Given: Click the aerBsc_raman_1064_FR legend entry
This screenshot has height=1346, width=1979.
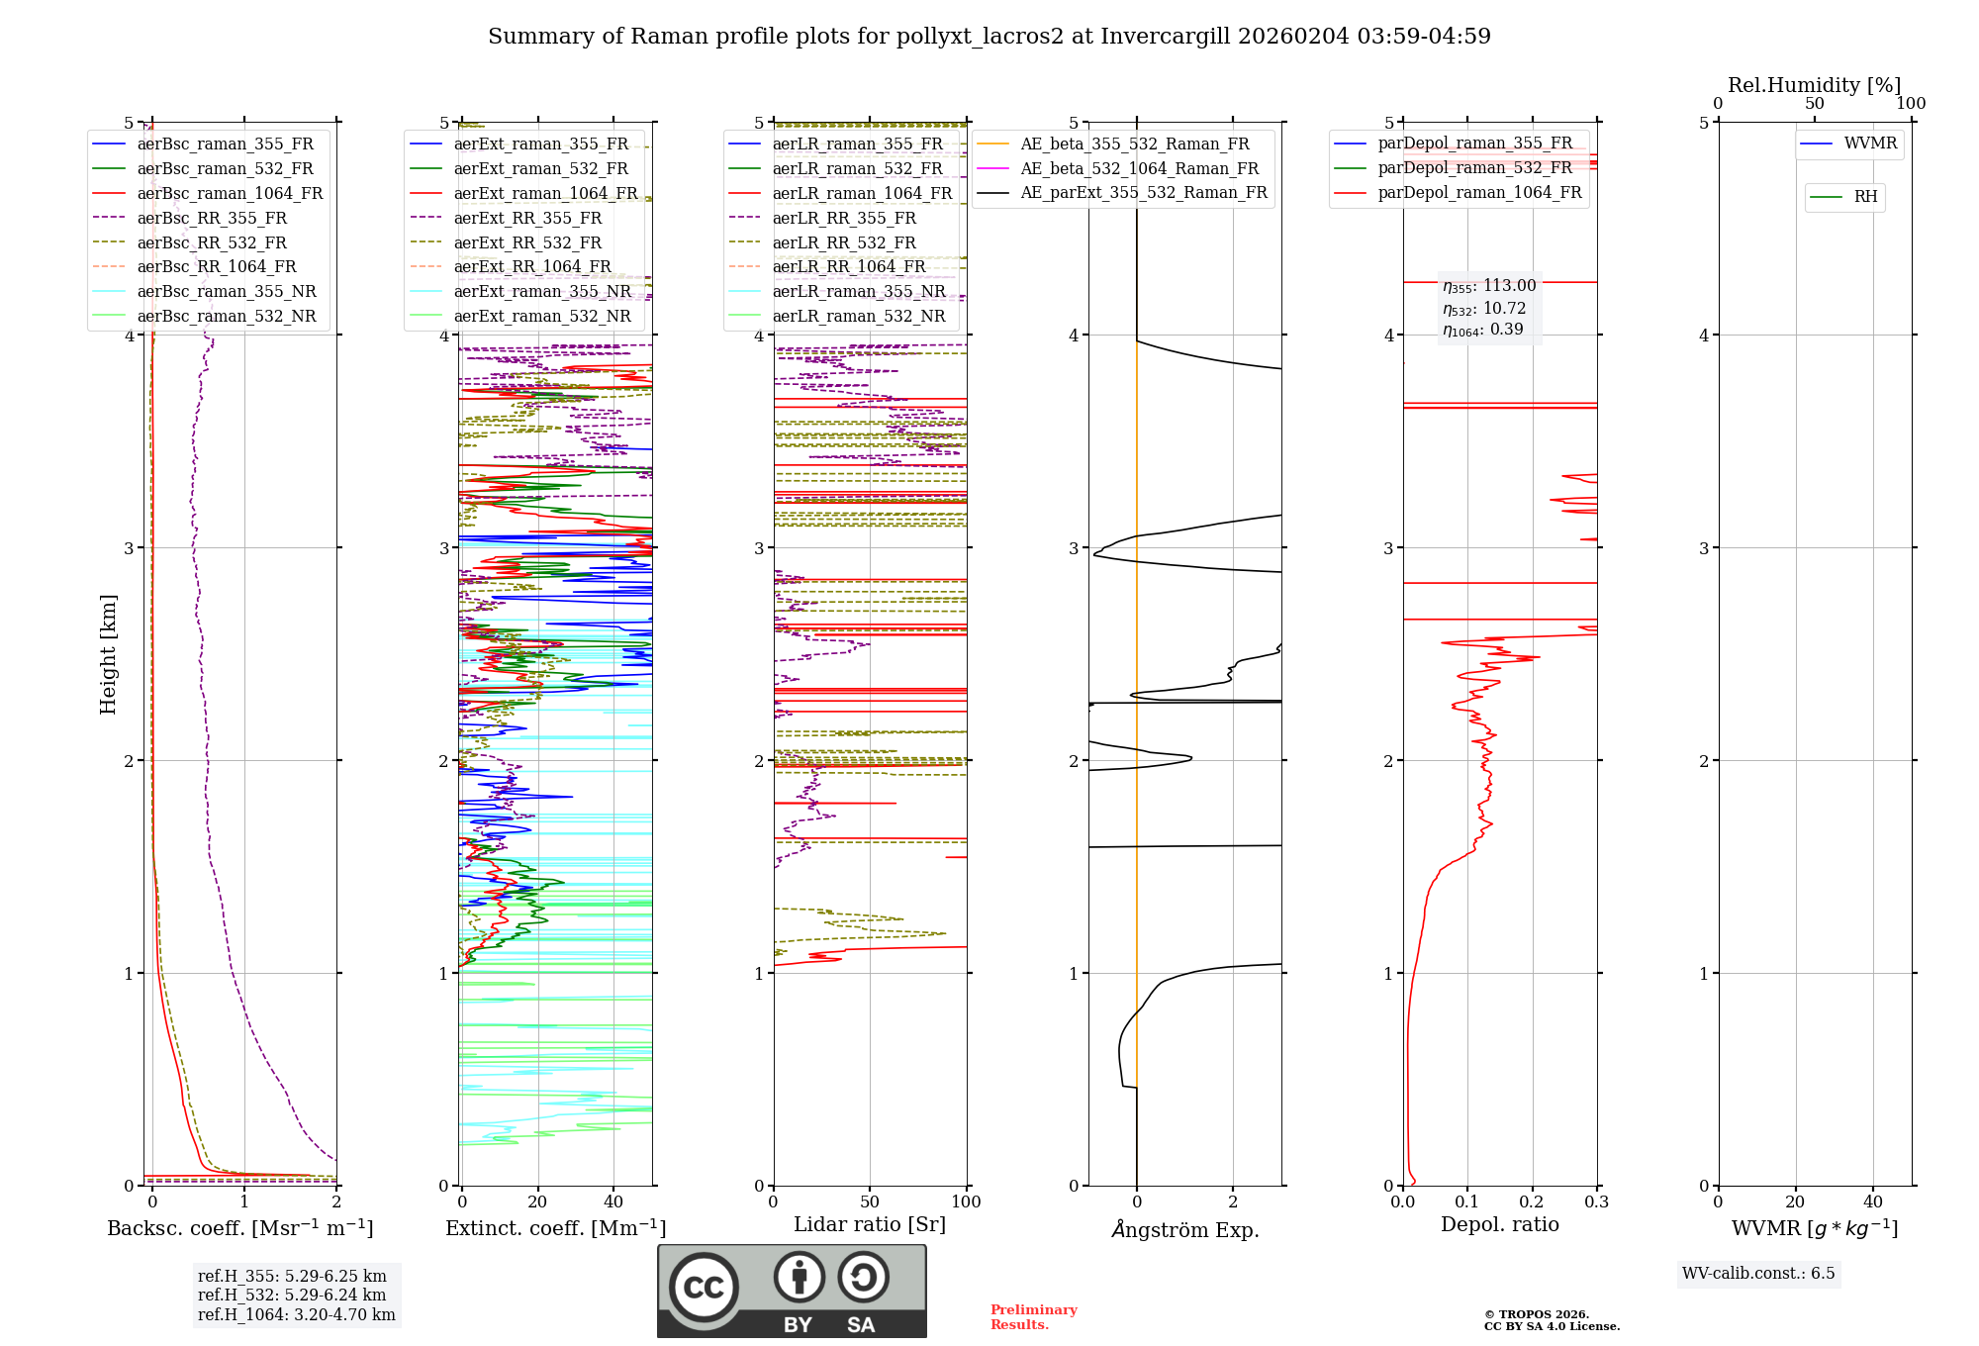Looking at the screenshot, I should click(230, 194).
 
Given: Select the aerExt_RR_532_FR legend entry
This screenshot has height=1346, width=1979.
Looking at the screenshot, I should click(527, 242).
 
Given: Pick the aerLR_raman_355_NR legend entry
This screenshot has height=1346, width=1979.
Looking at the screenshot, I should click(859, 292).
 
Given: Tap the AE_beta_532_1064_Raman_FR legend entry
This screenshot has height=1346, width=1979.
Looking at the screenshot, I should click(1139, 169).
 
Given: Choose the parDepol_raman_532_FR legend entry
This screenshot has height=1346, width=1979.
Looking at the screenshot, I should click(1474, 168).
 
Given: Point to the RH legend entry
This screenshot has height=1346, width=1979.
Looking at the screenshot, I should click(1865, 197).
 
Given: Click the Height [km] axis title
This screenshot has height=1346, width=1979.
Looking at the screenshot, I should click(108, 654).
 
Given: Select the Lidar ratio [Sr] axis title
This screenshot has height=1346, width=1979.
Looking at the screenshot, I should click(870, 1224).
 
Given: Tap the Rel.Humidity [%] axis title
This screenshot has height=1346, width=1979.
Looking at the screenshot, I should click(1814, 85).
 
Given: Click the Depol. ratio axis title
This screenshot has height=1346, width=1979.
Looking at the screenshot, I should click(1499, 1224).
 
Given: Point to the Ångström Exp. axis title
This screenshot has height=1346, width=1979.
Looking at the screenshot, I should click(1185, 1229).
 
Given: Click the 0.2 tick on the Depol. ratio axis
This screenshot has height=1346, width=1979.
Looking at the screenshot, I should click(1532, 1202).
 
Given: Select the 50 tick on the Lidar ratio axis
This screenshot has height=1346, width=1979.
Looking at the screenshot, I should click(870, 1202).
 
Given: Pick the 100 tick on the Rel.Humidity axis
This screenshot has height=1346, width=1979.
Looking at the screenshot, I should click(1911, 103).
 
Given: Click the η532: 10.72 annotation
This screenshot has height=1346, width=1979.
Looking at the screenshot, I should click(1484, 309).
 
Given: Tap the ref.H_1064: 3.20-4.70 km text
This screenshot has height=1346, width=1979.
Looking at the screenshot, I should click(297, 1315).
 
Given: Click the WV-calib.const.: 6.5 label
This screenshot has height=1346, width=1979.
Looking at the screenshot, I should click(1758, 1274).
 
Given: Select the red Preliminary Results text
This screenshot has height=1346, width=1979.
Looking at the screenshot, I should click(1033, 1317).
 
